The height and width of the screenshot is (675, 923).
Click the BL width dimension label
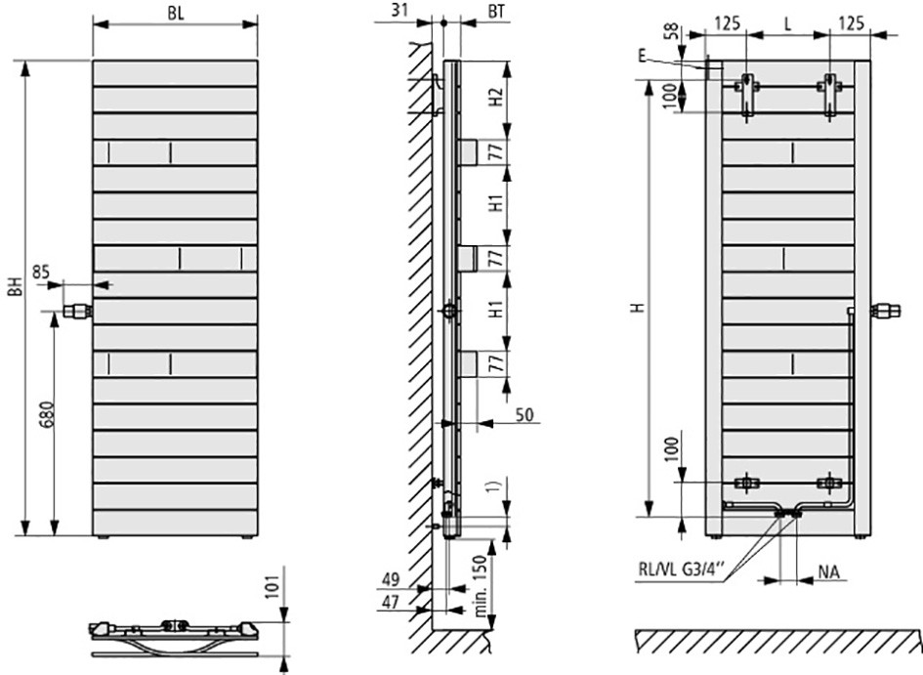click(x=176, y=14)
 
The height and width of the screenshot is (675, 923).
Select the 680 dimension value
click(x=48, y=417)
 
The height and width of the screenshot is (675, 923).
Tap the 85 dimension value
click(x=41, y=272)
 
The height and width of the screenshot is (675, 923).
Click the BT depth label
click(x=496, y=11)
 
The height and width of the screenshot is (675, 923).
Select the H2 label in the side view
click(x=497, y=97)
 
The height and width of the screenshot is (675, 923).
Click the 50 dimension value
click(x=524, y=414)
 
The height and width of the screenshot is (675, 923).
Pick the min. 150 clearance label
click(x=481, y=586)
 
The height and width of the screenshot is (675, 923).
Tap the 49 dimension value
click(x=391, y=579)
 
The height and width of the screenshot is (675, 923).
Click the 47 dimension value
click(x=391, y=602)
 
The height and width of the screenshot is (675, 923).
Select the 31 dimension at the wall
click(x=399, y=10)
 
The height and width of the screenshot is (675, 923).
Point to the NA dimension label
click(x=828, y=571)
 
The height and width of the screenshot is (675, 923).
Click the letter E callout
click(x=642, y=56)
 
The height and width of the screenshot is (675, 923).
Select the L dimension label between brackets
click(x=788, y=24)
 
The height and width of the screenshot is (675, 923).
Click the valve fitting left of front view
click(x=77, y=310)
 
